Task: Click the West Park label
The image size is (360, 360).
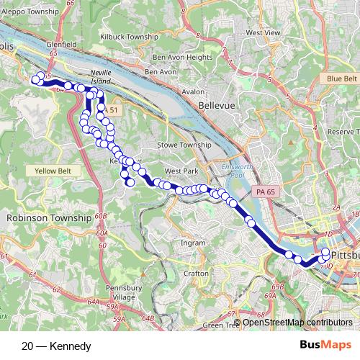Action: click(x=181, y=171)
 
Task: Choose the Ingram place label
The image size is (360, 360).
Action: click(x=193, y=243)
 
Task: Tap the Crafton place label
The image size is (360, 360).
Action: click(x=196, y=274)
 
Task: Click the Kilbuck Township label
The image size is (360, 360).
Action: click(x=129, y=36)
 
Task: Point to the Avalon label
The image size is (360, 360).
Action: click(x=193, y=92)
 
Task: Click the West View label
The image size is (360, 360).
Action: click(x=263, y=33)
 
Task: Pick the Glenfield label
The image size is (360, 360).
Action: click(x=60, y=44)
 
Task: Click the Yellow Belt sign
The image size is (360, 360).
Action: click(x=53, y=171)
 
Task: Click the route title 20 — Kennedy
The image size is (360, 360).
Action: click(x=57, y=346)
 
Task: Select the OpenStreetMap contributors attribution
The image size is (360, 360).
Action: click(x=297, y=322)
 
